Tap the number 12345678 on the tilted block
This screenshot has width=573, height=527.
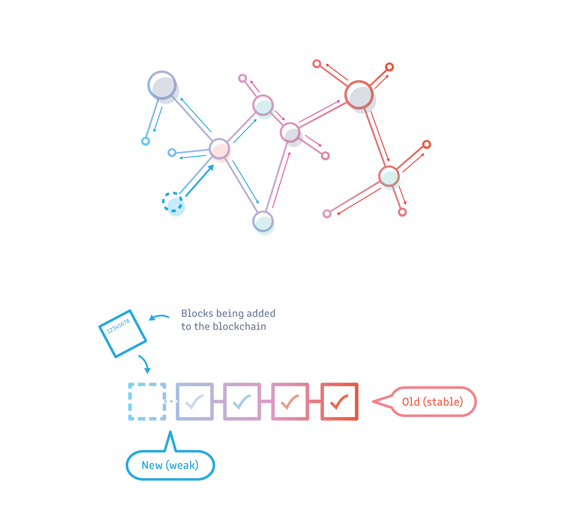tap(118, 326)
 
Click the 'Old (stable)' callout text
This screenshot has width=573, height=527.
tap(432, 402)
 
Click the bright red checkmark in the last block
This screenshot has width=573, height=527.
tap(339, 402)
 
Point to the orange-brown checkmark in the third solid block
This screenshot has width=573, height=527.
tap(290, 402)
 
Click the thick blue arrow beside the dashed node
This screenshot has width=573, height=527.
tap(200, 180)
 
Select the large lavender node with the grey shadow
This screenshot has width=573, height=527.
tap(162, 85)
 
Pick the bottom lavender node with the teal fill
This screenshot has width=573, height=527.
tap(263, 222)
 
